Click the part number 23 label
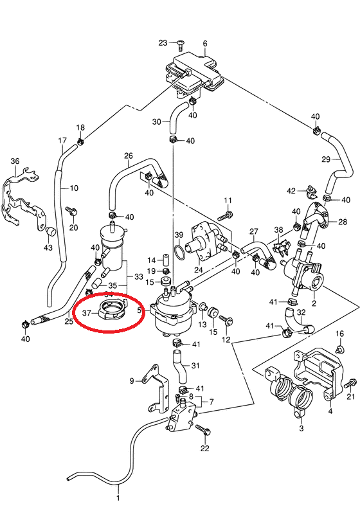[x=163, y=43]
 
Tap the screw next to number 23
[x=181, y=45]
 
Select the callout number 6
[x=205, y=44]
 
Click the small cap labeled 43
[x=50, y=231]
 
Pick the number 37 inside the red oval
[x=87, y=313]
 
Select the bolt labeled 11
[x=225, y=215]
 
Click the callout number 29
[x=326, y=159]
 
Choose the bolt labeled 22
[x=202, y=430]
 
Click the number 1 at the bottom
[x=118, y=498]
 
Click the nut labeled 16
[x=340, y=349]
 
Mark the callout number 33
[x=138, y=276]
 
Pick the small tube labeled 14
[x=166, y=259]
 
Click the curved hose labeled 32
[x=297, y=321]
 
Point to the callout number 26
[x=129, y=156]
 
